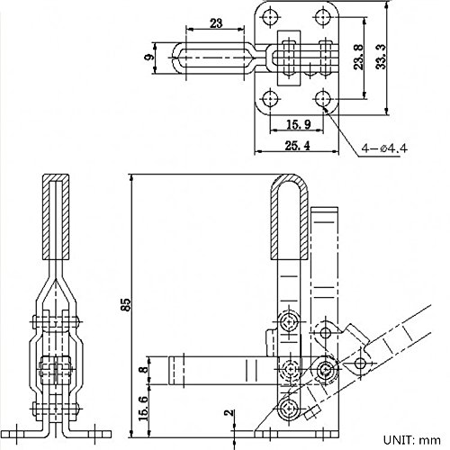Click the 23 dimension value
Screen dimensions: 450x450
216,22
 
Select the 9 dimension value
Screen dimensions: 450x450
149,57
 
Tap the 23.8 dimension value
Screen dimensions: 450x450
358,57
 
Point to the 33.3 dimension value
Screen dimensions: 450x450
381,57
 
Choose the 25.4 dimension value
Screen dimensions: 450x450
297,146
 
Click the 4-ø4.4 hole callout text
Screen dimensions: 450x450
384,148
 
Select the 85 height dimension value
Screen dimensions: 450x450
126,304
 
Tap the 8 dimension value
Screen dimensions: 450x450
145,369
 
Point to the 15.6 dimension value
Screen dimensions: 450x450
144,409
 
